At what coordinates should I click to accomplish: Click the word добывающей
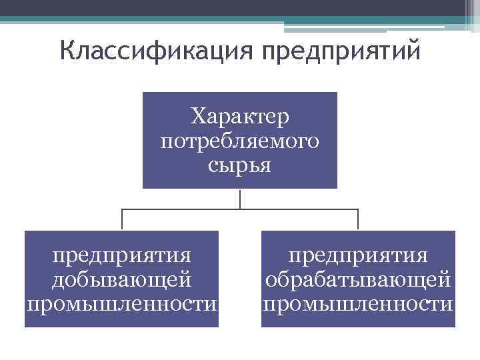click(122, 280)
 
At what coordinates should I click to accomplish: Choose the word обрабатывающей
click(358, 280)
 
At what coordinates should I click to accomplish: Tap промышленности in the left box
click(122, 304)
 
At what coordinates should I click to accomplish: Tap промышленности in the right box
click(358, 304)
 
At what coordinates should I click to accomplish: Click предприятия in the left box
click(122, 255)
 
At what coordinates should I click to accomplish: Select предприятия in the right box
click(358, 255)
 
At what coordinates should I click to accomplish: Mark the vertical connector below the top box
click(240, 199)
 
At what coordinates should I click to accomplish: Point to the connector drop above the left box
click(122, 220)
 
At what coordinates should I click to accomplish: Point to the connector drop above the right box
click(358, 220)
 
